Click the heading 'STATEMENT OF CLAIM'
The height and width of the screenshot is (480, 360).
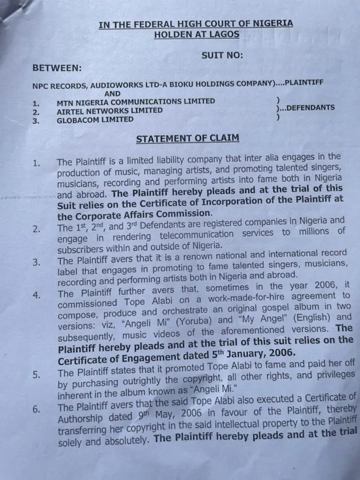coord(187,138)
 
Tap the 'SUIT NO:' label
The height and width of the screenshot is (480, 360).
coord(222,55)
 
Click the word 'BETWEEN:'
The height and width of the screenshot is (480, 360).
coord(57,68)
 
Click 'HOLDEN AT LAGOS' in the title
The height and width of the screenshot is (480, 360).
coord(196,34)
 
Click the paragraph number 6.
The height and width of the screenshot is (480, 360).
coord(36,409)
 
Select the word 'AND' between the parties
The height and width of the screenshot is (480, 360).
coord(112,93)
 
